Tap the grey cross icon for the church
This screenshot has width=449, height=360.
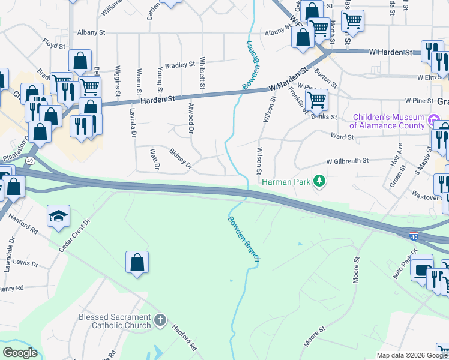click(x=160, y=320)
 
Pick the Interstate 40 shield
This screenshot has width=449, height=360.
click(x=414, y=236)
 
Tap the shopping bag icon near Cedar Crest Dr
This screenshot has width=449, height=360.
click(x=137, y=262)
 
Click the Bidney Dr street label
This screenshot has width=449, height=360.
click(x=180, y=157)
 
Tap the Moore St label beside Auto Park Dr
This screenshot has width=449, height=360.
click(x=356, y=270)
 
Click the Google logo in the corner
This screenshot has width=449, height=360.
click(x=20, y=353)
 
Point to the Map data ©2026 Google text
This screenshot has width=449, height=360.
click(x=411, y=355)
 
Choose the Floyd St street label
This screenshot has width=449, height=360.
click(x=53, y=43)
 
